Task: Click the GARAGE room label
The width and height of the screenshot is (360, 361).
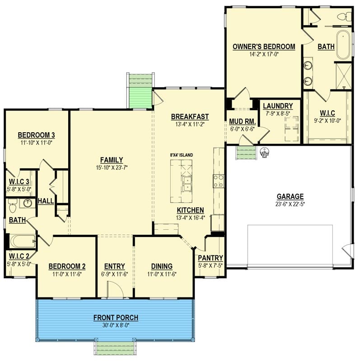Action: pyautogui.click(x=290, y=197)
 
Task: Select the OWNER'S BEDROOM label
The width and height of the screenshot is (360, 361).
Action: pyautogui.click(x=264, y=46)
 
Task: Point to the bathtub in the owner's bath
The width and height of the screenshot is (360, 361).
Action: pyautogui.click(x=344, y=45)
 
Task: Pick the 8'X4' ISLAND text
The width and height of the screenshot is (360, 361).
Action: pyautogui.click(x=182, y=155)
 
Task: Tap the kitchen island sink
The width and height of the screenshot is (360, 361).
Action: pyautogui.click(x=187, y=183)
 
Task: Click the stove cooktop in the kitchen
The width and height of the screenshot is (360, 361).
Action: pyautogui.click(x=219, y=181)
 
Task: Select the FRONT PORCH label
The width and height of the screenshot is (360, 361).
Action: pyautogui.click(x=116, y=318)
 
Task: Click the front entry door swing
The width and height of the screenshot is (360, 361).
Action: pyautogui.click(x=116, y=289)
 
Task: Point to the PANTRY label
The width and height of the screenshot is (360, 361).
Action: pyautogui.click(x=210, y=258)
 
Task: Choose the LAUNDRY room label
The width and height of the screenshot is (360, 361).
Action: pyautogui.click(x=278, y=106)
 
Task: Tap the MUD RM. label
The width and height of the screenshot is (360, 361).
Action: pyautogui.click(x=243, y=121)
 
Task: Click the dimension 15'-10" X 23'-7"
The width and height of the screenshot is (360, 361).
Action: pyautogui.click(x=112, y=167)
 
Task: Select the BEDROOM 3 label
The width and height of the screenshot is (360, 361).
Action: pyautogui.click(x=37, y=135)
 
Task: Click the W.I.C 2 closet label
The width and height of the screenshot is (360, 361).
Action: pyautogui.click(x=19, y=256)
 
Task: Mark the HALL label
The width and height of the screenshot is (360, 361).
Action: pyautogui.click(x=46, y=201)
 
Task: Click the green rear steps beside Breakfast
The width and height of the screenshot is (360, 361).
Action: pyautogui.click(x=140, y=90)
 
